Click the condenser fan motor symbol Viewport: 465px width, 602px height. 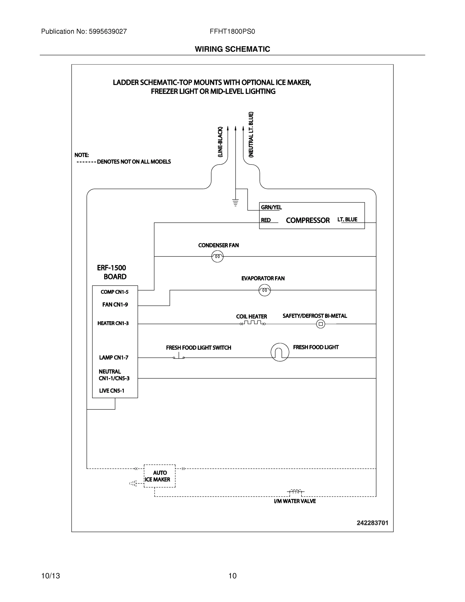(x=217, y=257)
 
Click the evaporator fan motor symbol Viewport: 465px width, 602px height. (x=265, y=290)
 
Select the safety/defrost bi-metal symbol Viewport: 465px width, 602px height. (x=321, y=324)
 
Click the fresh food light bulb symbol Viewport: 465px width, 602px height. (x=280, y=352)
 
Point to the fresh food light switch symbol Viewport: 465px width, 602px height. (x=179, y=356)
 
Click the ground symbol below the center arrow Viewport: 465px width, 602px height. (x=236, y=202)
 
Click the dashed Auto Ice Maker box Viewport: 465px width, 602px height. (x=159, y=476)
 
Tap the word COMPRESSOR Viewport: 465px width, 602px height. (x=308, y=220)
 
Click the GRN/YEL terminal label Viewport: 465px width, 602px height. (x=271, y=207)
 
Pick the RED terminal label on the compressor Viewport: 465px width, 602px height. (x=266, y=220)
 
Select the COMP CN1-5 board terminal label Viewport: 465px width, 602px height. (x=115, y=292)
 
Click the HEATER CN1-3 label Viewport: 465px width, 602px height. (x=113, y=323)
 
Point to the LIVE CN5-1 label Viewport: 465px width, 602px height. (x=112, y=391)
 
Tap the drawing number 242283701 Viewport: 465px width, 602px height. (x=373, y=523)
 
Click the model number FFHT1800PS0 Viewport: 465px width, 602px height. (x=232, y=31)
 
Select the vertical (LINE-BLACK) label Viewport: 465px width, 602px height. (x=220, y=142)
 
